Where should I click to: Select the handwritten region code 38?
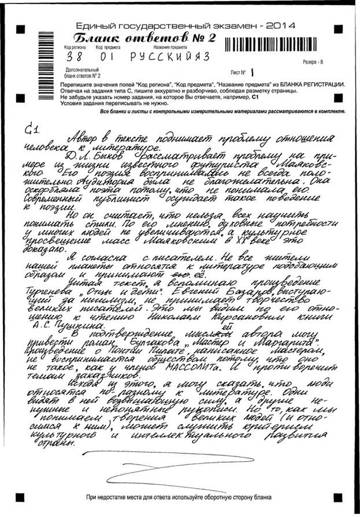(x=74, y=58)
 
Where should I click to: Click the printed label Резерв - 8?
(x=313, y=61)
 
